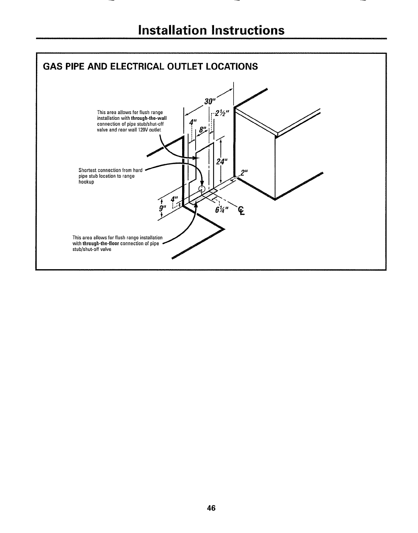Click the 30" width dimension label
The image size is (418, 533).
(210, 101)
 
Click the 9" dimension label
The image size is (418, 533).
(162, 210)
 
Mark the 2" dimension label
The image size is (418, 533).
(244, 173)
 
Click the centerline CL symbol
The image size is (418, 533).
(241, 211)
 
